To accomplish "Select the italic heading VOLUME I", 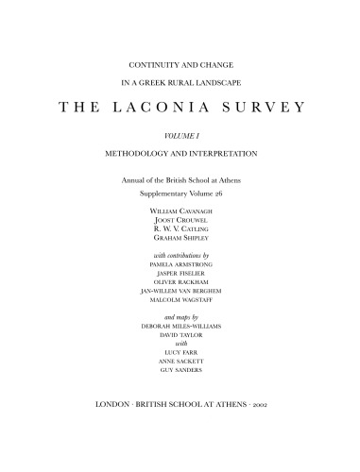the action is [x=180, y=137].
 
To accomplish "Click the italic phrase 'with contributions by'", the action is [x=180, y=256].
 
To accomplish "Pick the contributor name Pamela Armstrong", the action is [x=180, y=266].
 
